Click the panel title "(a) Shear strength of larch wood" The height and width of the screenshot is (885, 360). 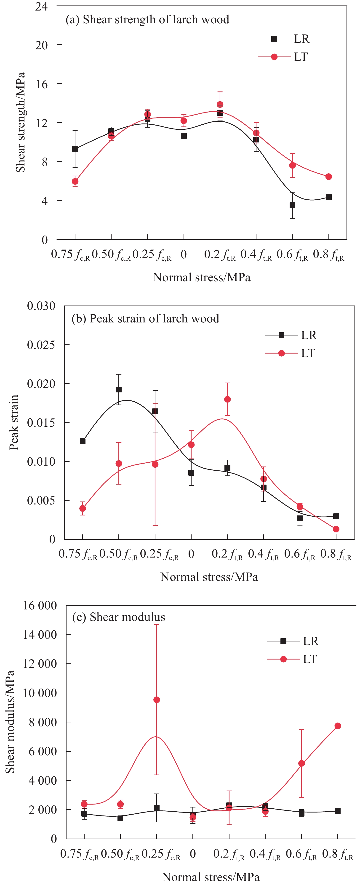147,20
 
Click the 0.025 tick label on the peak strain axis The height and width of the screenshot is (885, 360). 41,345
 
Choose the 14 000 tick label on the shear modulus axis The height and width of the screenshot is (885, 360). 40,634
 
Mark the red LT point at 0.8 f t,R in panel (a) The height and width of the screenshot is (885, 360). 328,177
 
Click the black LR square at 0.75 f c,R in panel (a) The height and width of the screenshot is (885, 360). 75,149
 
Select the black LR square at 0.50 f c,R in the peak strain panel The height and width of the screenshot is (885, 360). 118,390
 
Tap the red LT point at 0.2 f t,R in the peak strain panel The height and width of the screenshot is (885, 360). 227,399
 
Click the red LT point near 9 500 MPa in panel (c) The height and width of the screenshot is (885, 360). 157,700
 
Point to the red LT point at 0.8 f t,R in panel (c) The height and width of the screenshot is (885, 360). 338,726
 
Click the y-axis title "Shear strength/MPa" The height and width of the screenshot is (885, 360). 21,122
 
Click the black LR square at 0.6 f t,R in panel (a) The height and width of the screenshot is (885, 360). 292,205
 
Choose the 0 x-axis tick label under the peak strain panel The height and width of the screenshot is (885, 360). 191,554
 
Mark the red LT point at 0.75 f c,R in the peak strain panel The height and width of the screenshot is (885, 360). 83,508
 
